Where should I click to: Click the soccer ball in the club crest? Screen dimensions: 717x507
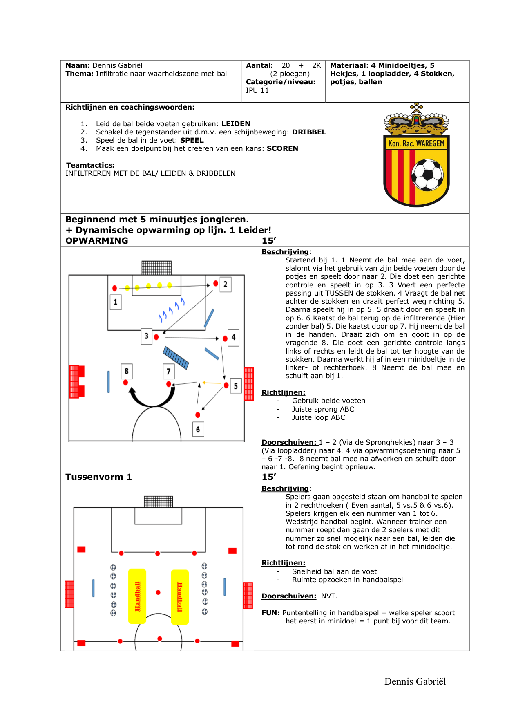point(427,175)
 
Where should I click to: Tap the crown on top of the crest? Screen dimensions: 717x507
point(416,120)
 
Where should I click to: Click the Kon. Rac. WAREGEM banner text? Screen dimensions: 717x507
point(416,143)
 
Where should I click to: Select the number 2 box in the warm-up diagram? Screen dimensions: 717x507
point(225,285)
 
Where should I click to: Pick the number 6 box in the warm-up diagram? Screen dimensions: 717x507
point(198,429)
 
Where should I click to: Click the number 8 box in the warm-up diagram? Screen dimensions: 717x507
point(127,371)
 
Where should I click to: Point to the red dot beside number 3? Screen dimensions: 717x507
point(156,337)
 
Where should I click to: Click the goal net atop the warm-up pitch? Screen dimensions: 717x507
point(156,268)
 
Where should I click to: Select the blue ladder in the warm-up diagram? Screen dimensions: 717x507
point(176,358)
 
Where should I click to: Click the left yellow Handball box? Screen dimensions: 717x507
point(137,596)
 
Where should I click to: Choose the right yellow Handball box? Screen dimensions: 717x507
point(180,597)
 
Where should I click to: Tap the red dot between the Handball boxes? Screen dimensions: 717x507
point(158,592)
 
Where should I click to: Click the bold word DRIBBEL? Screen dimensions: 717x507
point(309,132)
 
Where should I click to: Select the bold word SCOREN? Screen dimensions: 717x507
point(282,148)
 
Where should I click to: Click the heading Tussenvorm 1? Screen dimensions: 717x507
point(98,477)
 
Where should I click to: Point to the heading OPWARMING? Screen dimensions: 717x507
point(97,241)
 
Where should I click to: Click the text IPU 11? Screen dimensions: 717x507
point(257,90)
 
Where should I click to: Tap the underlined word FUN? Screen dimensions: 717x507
point(271,613)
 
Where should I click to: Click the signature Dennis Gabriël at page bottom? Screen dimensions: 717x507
point(415,681)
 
